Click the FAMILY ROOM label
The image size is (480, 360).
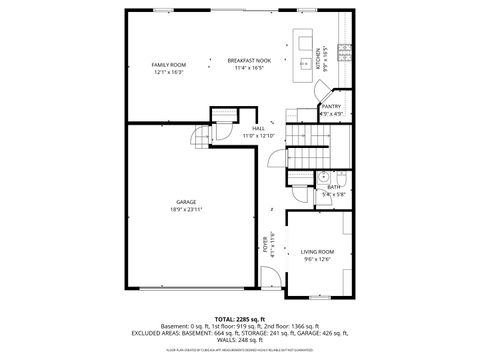pyautogui.click(x=169, y=64)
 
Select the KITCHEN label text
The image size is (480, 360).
pyautogui.click(x=319, y=54)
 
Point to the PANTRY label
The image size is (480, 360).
pyautogui.click(x=332, y=106)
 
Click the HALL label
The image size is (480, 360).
pyautogui.click(x=258, y=128)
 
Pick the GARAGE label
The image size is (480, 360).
pyautogui.click(x=186, y=202)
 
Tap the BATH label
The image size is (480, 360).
pyautogui.click(x=333, y=187)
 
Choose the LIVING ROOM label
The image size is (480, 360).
pyautogui.click(x=318, y=251)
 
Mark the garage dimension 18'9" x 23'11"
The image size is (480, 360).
pyautogui.click(x=186, y=210)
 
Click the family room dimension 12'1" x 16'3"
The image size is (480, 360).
pyautogui.click(x=169, y=72)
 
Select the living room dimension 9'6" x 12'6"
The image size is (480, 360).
pyautogui.click(x=318, y=259)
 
